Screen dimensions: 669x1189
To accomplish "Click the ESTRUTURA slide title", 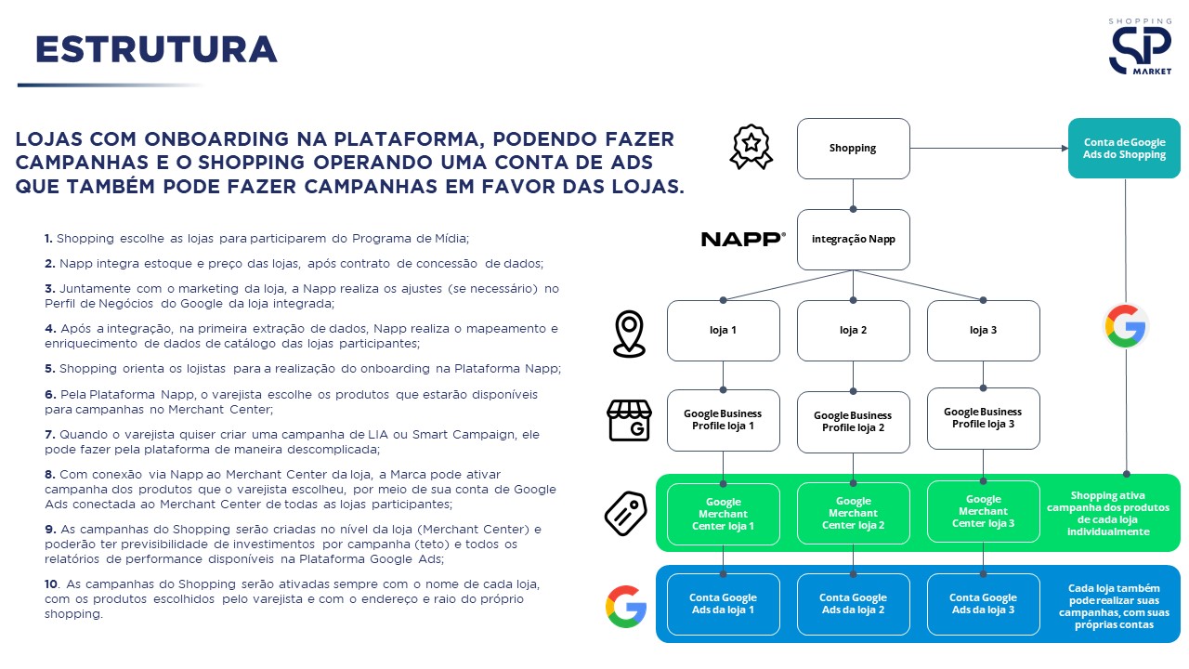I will (x=156, y=50).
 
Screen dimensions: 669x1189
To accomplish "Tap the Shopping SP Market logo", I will (x=1140, y=47).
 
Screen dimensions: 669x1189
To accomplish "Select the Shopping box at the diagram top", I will (x=853, y=149).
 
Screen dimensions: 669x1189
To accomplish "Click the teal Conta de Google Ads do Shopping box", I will (x=1124, y=149).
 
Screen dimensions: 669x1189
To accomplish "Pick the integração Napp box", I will (x=853, y=240).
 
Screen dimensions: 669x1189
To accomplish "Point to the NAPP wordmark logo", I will (x=743, y=240).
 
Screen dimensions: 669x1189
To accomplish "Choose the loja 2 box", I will (x=853, y=331).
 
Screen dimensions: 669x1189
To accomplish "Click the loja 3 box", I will (x=983, y=331).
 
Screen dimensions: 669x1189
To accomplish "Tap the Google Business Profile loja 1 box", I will (x=723, y=420).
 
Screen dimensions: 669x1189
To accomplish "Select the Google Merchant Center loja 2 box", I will (x=853, y=514).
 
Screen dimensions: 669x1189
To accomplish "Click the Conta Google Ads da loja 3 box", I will (x=983, y=604).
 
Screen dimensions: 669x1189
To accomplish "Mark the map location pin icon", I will (x=629, y=334).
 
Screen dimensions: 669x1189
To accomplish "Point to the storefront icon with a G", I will (x=629, y=421).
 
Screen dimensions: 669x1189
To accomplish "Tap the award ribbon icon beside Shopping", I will (x=751, y=147).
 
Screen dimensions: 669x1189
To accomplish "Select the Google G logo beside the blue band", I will (x=625, y=606).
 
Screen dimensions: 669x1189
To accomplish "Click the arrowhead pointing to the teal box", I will (x=1064, y=149).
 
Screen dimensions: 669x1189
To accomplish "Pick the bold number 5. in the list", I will (x=49, y=368).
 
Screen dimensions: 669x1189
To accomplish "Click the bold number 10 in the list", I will (x=51, y=584).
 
